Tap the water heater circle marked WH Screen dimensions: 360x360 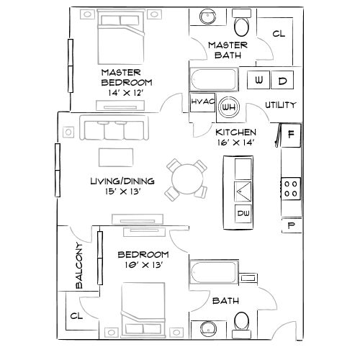coord(229,107)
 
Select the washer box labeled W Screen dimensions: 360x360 coord(259,80)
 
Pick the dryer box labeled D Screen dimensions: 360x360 coord(282,80)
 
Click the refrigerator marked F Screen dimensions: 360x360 coord(290,134)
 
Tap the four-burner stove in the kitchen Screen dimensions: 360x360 coord(292,188)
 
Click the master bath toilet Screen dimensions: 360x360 coord(243,26)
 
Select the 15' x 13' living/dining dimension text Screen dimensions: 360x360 coord(120,192)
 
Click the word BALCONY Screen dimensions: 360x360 coord(80,266)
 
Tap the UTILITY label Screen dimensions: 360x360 coord(280,105)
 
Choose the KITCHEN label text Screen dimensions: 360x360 coord(235,132)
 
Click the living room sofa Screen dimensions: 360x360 coord(114,130)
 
